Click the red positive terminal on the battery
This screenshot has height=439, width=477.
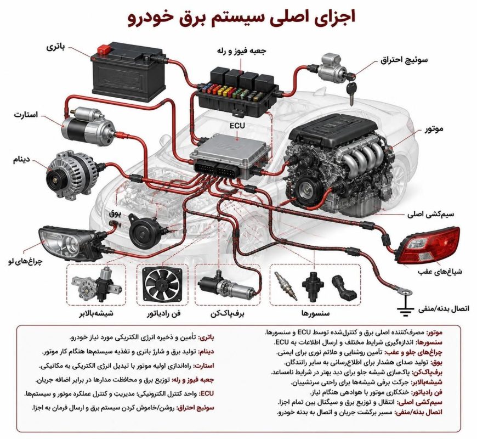[104, 49]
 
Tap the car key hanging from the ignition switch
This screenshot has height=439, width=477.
[351, 92]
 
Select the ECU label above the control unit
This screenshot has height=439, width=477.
[237, 126]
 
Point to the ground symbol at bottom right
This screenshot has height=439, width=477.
[405, 309]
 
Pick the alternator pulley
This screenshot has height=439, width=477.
[55, 179]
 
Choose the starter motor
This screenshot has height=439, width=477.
[88, 126]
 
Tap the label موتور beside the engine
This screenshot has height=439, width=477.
[434, 129]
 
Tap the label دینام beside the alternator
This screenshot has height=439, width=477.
[21, 160]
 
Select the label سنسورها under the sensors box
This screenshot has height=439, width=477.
[315, 313]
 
